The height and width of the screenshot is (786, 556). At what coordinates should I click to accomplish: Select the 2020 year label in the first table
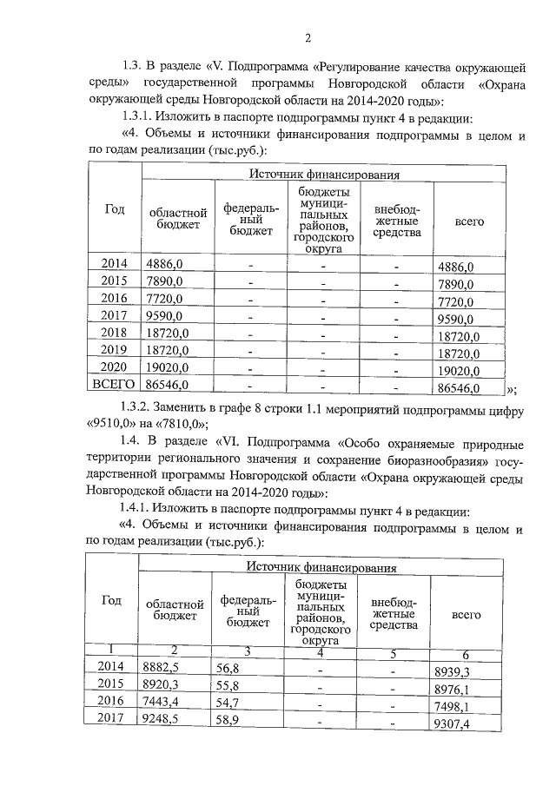[x=114, y=367]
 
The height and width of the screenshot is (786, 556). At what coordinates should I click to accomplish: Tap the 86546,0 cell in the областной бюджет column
[x=168, y=383]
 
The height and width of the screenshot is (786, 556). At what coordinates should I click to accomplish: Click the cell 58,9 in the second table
[x=229, y=719]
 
